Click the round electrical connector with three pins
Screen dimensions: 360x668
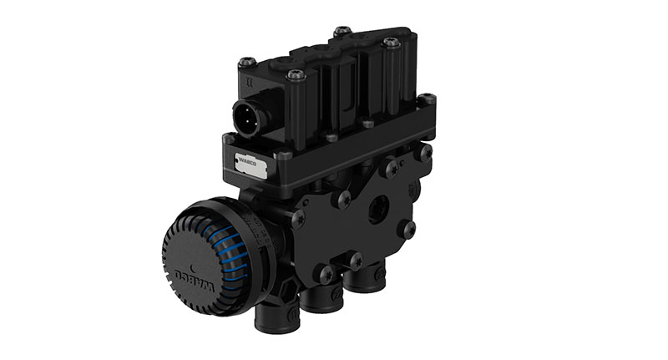pyautogui.click(x=251, y=117)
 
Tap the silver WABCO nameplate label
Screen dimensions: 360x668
pyautogui.click(x=249, y=165)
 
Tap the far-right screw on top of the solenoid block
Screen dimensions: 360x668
pyautogui.click(x=391, y=43)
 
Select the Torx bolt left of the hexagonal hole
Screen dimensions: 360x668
pyautogui.click(x=342, y=200)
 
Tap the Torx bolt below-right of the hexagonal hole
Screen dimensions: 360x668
pyautogui.click(x=407, y=227)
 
